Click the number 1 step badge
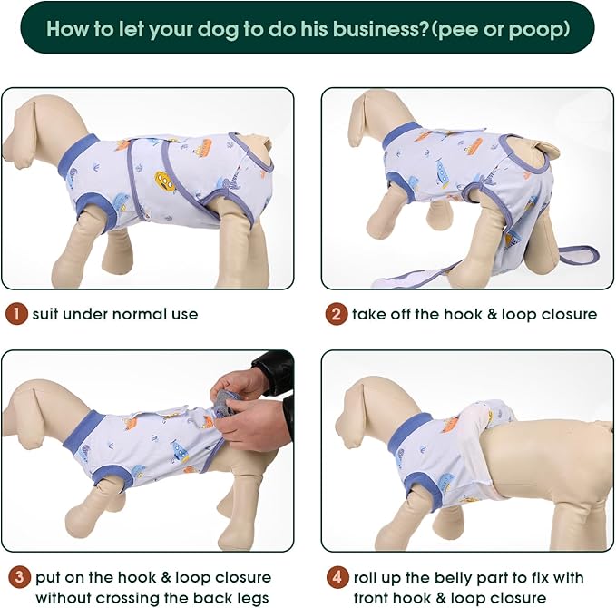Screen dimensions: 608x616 pos(15,315)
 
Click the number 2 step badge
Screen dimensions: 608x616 pos(337,315)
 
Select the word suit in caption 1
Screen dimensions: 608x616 pos(49,315)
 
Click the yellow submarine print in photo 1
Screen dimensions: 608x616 pos(164,181)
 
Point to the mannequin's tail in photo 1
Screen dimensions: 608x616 pos(261,143)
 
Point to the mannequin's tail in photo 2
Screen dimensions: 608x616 pos(547,149)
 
